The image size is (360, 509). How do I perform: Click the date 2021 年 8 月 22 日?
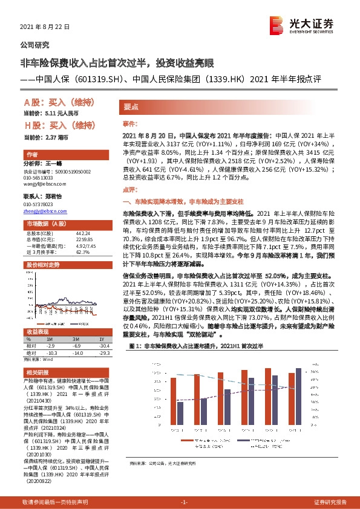click(x=45, y=27)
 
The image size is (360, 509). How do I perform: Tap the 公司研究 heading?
click(x=35, y=45)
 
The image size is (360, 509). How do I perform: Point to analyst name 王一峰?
click(x=54, y=164)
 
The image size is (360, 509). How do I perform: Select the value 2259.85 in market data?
click(x=83, y=239)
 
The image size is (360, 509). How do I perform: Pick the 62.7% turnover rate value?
click(x=81, y=251)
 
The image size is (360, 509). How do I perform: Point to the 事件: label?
click(x=130, y=122)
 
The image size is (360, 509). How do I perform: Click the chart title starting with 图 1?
click(x=200, y=346)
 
